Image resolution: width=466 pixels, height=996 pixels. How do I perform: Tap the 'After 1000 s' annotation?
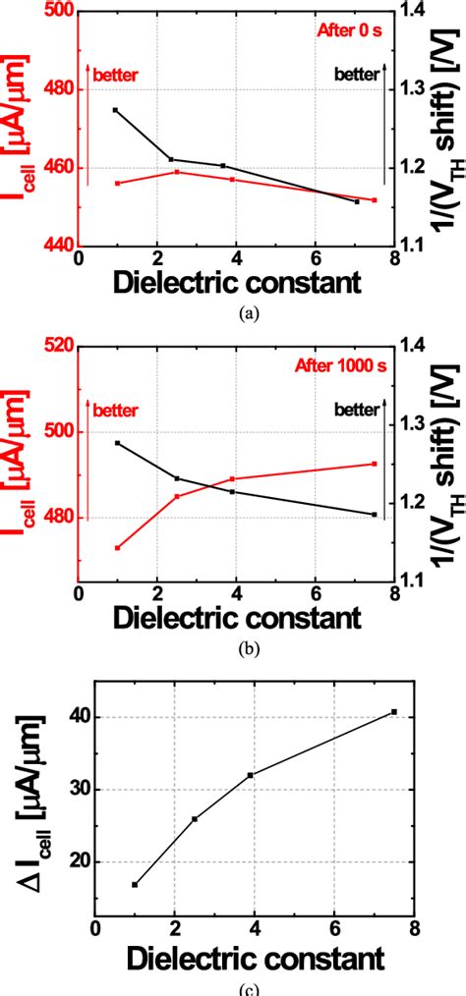pos(339,365)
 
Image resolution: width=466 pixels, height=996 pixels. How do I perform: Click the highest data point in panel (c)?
pos(394,711)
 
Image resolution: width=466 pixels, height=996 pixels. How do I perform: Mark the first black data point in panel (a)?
pos(115,110)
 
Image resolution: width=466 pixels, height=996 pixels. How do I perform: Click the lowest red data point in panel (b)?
pos(117,547)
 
